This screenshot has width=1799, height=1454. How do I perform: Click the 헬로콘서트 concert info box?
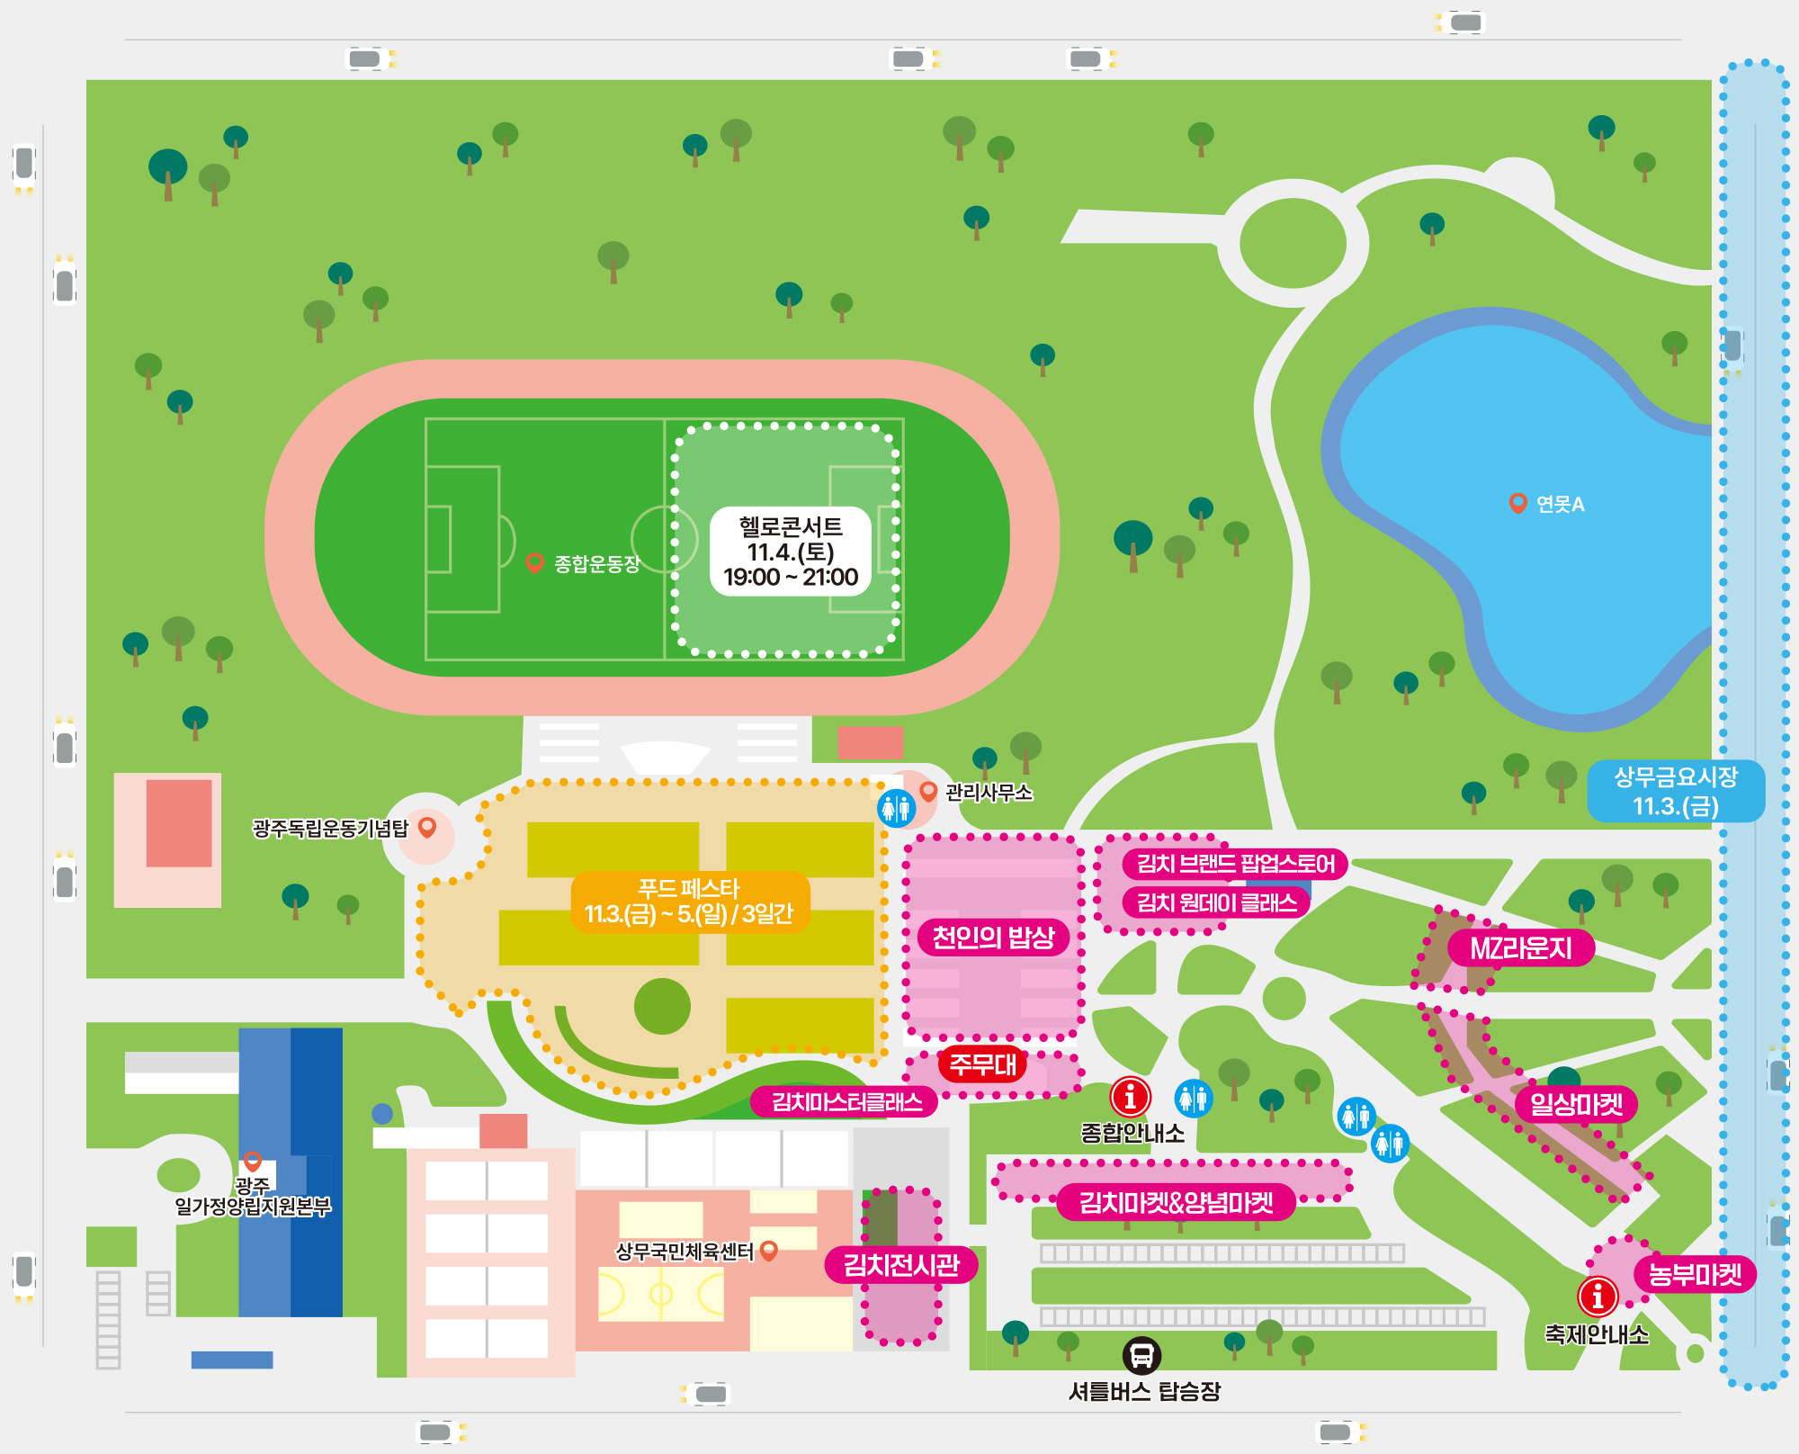click(x=791, y=552)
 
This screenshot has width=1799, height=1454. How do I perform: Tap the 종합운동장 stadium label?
click(x=596, y=564)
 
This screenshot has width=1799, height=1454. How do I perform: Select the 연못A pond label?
click(x=1560, y=505)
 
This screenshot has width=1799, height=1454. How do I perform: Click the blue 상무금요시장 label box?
click(x=1675, y=791)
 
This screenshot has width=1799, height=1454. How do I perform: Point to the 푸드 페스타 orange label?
click(x=690, y=902)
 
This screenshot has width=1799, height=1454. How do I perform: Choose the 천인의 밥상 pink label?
click(x=993, y=938)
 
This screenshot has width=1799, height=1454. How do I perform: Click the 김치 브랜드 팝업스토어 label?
click(x=1235, y=864)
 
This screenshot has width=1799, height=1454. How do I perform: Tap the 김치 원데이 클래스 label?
click(x=1216, y=902)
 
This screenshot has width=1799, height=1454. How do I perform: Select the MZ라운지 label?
click(x=1520, y=948)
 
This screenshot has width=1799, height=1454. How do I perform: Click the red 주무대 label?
click(x=982, y=1065)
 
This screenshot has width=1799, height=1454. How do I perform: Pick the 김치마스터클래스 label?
click(x=846, y=1102)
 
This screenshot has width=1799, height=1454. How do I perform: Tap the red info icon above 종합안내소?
click(x=1130, y=1097)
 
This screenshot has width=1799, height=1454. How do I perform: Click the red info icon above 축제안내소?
click(x=1598, y=1296)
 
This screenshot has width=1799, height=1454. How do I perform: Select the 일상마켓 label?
click(x=1576, y=1104)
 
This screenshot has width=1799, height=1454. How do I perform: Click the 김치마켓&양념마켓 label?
click(x=1176, y=1202)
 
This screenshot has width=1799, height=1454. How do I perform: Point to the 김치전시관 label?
click(x=901, y=1265)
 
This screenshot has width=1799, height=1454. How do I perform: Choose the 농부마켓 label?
click(x=1695, y=1274)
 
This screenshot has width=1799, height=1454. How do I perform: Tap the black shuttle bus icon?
click(x=1141, y=1355)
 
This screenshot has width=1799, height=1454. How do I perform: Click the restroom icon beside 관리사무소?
click(x=896, y=808)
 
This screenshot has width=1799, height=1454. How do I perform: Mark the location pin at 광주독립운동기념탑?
click(x=427, y=827)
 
